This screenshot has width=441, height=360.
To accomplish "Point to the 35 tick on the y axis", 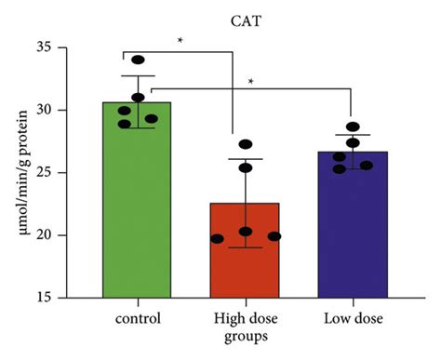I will [x=47, y=47].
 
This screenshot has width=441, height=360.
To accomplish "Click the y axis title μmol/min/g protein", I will [x=14, y=172].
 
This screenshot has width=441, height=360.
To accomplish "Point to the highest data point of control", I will [x=138, y=60].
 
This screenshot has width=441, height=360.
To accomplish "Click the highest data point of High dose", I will [x=246, y=144].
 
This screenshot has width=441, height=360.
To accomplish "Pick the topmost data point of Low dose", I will [x=353, y=127].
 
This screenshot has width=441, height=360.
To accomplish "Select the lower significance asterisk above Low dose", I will [x=251, y=82].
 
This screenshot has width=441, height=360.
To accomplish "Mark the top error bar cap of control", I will [x=138, y=76].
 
